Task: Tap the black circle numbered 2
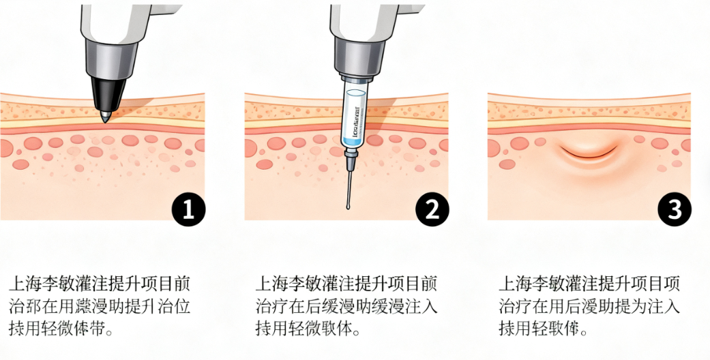(431, 209)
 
